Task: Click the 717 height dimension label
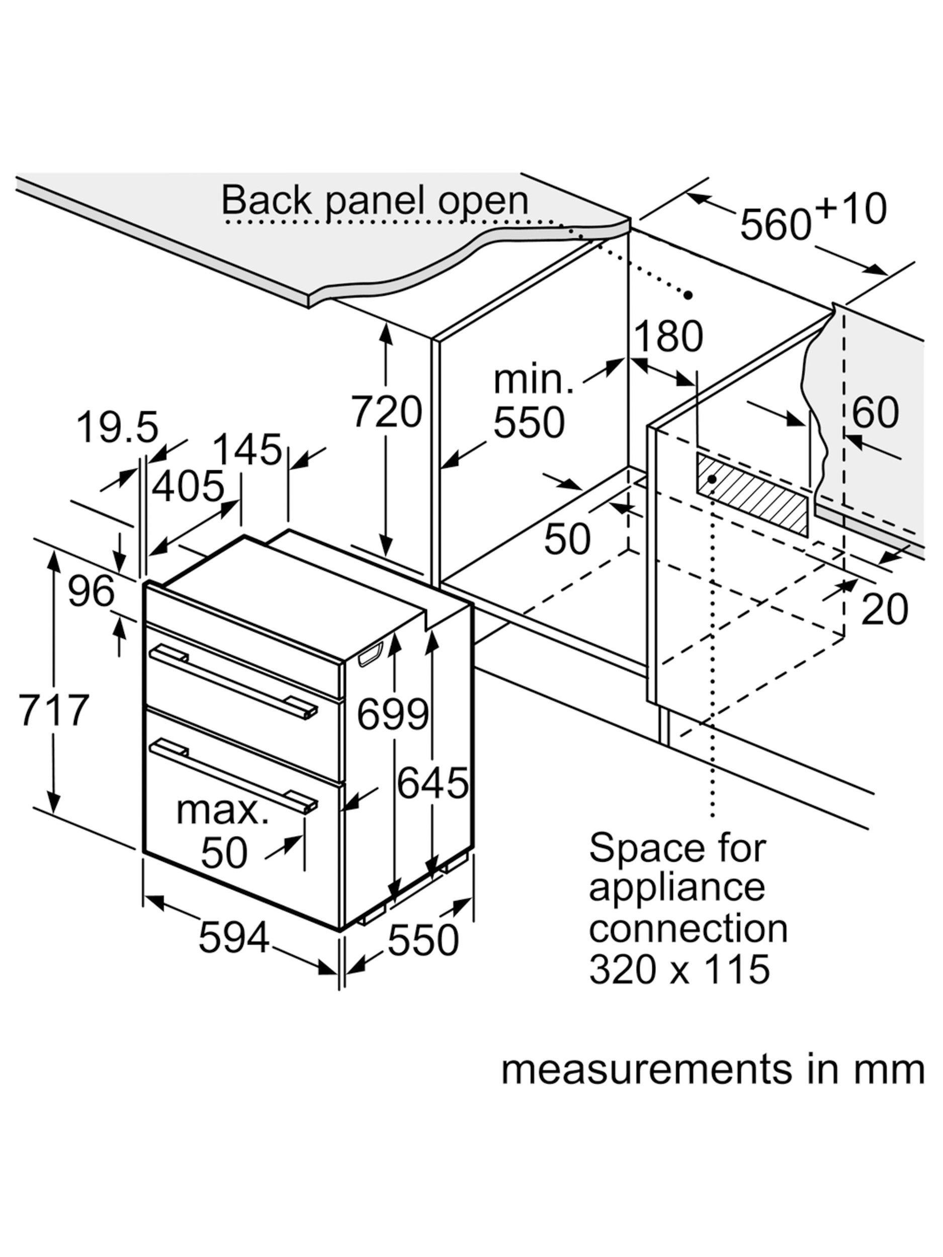coord(54,710)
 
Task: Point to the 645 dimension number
coord(433,782)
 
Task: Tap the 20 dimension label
coord(884,608)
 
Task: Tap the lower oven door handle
coord(233,773)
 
